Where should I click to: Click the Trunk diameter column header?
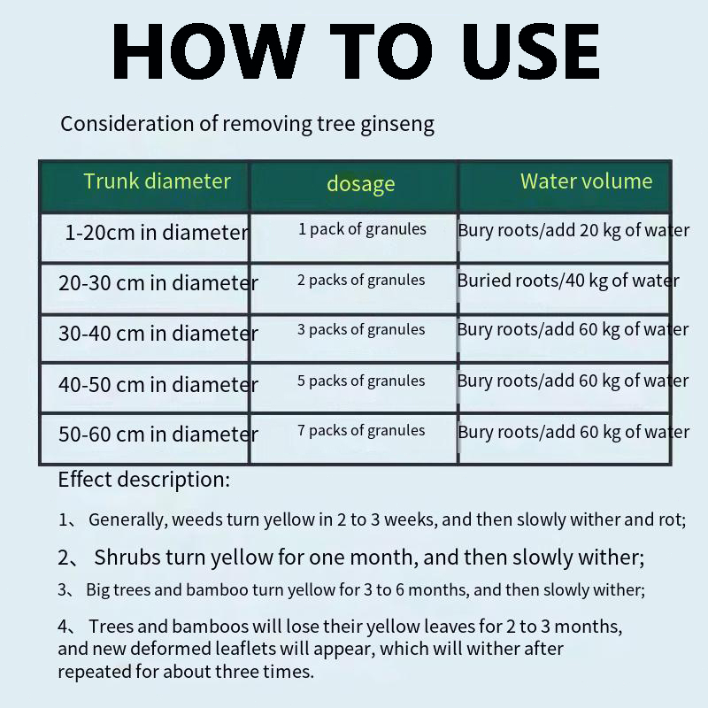158,181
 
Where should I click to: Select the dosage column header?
361,184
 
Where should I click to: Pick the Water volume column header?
586,181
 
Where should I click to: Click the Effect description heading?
144,480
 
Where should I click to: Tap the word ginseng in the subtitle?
397,125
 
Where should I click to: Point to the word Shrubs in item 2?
127,558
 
